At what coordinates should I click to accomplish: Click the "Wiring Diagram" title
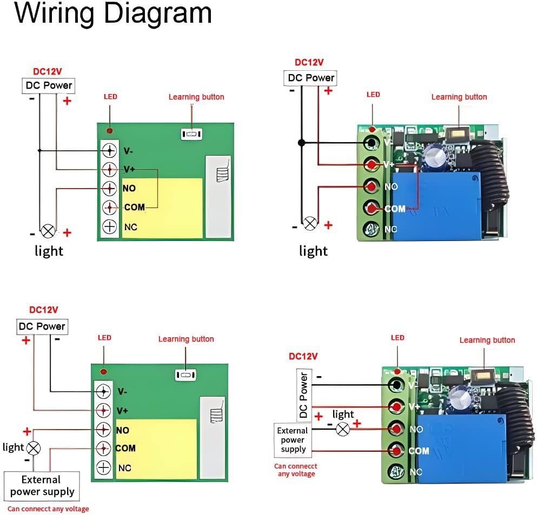coord(112,14)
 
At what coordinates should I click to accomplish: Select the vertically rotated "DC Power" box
coord(304,395)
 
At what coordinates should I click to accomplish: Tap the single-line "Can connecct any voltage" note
coord(48,509)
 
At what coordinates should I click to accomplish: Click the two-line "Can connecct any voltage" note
coord(295,470)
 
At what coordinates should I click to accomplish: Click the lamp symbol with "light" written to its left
coord(34,448)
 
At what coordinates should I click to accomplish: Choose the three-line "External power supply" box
coord(293,440)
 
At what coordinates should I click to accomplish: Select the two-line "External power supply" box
coord(42,486)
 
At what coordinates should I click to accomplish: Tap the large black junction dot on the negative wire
coord(301,143)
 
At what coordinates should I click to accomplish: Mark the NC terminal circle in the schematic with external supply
coord(103,468)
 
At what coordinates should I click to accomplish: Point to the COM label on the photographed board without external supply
coord(395,209)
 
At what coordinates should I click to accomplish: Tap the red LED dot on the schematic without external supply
coord(110,131)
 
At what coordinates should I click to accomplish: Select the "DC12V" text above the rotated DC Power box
coord(303,356)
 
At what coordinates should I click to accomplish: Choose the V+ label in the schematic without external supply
coord(129,170)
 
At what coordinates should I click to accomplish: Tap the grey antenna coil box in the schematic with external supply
coord(212,416)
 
